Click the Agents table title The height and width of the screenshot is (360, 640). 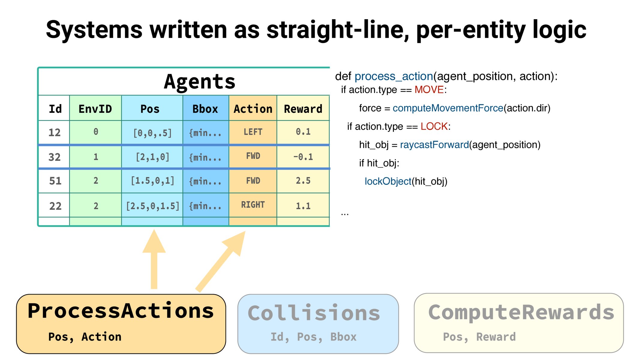(200, 82)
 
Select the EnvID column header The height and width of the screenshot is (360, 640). (95, 109)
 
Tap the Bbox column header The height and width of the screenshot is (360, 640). (205, 109)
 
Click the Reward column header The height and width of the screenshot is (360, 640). (303, 109)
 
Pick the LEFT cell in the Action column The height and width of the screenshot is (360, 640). (253, 132)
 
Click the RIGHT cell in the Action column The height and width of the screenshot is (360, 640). (253, 205)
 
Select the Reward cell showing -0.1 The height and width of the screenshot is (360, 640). (303, 157)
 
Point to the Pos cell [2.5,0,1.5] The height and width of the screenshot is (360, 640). (152, 206)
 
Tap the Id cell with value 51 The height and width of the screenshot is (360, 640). (55, 181)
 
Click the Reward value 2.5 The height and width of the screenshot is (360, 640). (303, 181)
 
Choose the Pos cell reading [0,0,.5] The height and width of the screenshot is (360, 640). (152, 133)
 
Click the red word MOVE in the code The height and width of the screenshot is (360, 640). (429, 90)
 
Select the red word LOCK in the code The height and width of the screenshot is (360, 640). (434, 126)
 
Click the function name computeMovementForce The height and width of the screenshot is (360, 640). (448, 108)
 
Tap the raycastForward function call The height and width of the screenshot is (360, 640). (434, 145)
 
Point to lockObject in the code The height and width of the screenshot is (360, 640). (388, 181)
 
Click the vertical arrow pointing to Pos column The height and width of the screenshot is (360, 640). (154, 261)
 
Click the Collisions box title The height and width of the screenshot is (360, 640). (314, 313)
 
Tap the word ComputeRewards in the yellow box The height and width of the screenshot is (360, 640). (521, 312)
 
